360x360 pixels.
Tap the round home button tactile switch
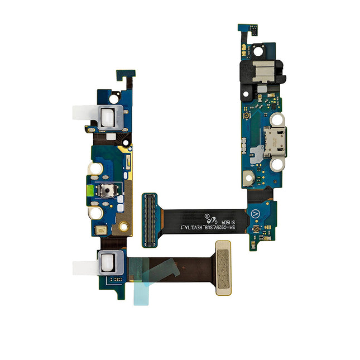tap(107, 191)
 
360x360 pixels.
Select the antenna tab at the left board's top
tap(124, 75)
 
